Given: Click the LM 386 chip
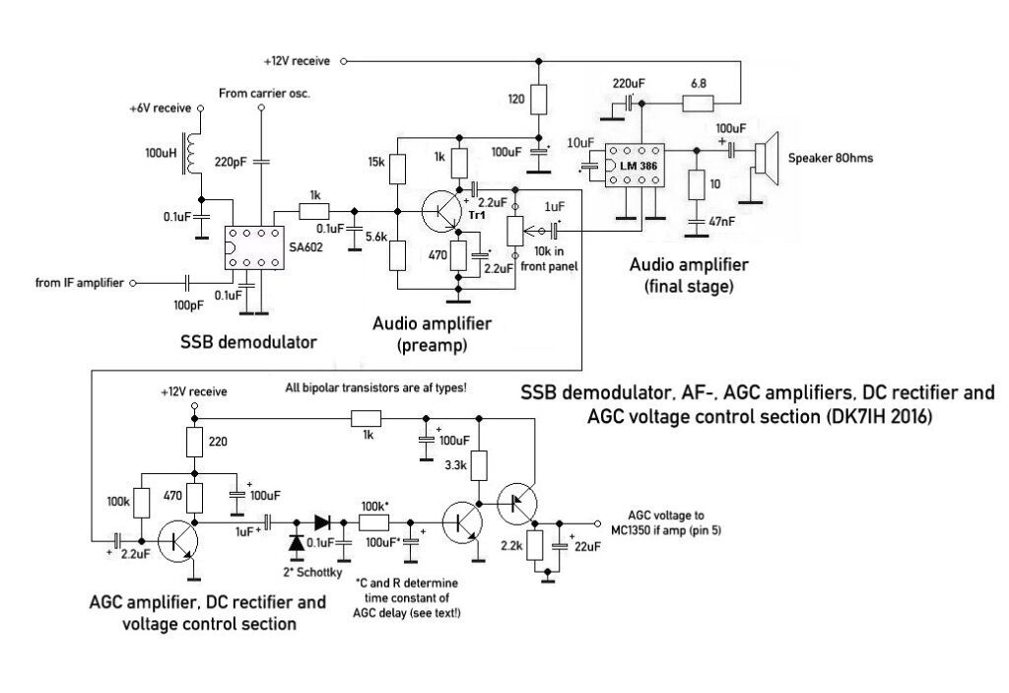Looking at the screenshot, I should point(633,165).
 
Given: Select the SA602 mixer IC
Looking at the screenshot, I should point(253,247).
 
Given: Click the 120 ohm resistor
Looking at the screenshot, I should point(538,99).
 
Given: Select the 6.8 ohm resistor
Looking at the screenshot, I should point(700,103).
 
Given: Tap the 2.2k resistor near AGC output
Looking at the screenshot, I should point(537,544).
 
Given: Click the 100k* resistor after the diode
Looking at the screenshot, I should point(373,522).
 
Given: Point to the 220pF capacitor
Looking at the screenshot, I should point(261,160).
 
